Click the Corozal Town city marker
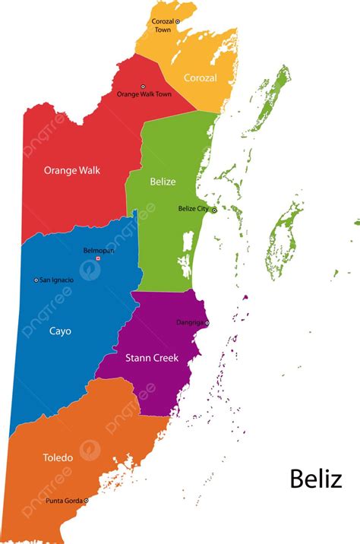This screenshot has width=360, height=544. (x=178, y=22)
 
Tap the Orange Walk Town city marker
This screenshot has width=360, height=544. (x=143, y=87)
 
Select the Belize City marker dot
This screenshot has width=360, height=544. (x=214, y=210)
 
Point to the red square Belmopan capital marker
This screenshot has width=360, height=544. (x=98, y=258)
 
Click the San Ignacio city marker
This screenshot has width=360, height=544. (x=36, y=280)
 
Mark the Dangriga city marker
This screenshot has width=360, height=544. (x=207, y=323)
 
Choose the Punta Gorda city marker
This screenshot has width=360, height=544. (x=86, y=501)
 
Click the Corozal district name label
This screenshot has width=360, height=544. (x=200, y=77)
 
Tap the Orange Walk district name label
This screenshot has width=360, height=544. (x=71, y=170)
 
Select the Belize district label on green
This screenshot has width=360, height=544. (x=163, y=182)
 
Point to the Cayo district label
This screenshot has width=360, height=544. (x=60, y=331)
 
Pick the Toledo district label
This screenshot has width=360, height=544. (x=58, y=457)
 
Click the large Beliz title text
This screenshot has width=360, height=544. (x=315, y=479)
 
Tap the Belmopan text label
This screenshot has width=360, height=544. (x=98, y=250)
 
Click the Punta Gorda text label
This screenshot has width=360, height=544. (x=64, y=501)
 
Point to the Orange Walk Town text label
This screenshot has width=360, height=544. (x=144, y=94)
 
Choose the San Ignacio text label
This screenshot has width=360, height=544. (x=57, y=280)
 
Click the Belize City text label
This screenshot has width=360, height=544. (x=193, y=208)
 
